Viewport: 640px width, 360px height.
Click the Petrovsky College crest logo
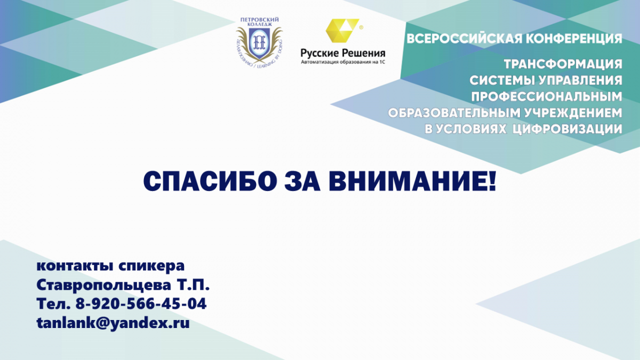[x=259, y=42]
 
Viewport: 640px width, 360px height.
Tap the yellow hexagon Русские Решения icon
[x=342, y=30]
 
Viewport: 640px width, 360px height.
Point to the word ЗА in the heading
[x=302, y=181]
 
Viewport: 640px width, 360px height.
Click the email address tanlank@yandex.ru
[x=113, y=323]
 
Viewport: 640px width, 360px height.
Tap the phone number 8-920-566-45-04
[x=141, y=303]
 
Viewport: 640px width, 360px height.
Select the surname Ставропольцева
[x=103, y=285]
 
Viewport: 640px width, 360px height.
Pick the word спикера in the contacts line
[x=151, y=266]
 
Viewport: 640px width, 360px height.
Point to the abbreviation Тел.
[x=53, y=303]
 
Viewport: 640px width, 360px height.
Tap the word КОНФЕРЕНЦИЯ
[x=574, y=39]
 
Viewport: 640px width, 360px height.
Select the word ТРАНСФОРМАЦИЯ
[x=563, y=64]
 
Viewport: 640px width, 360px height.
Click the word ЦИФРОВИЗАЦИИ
[x=567, y=129]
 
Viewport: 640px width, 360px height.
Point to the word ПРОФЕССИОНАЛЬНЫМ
[x=547, y=97]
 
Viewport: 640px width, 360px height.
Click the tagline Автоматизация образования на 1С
[x=343, y=62]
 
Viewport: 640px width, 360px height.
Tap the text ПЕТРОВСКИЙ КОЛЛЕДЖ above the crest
[x=259, y=22]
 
